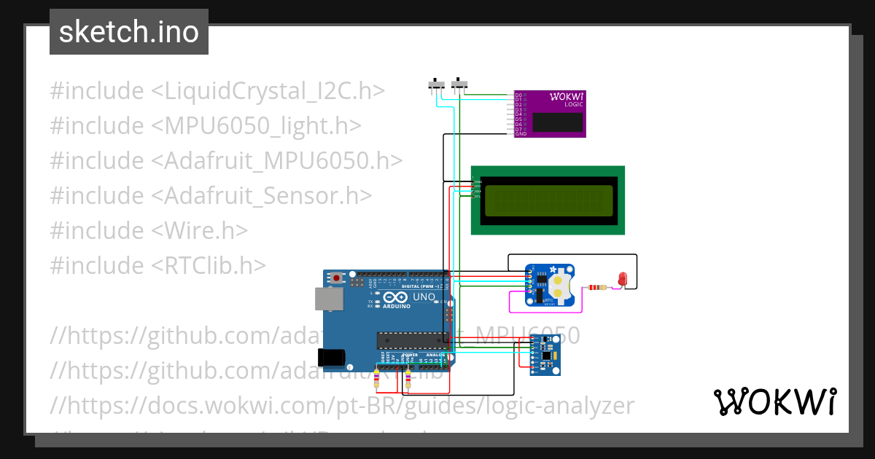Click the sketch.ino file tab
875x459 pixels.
click(x=129, y=32)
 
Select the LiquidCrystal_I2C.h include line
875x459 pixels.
click(x=217, y=91)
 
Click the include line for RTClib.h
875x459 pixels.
click(x=158, y=265)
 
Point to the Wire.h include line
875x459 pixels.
click(x=149, y=230)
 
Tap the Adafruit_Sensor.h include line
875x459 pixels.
click(x=211, y=195)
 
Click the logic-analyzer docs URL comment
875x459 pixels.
click(x=343, y=405)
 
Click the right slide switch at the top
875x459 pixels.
click(x=459, y=85)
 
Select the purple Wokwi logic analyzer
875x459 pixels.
click(x=550, y=114)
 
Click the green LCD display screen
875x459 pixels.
click(x=548, y=200)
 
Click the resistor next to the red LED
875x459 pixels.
click(x=596, y=287)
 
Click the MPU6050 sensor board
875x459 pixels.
click(x=544, y=355)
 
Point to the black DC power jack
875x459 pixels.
click(x=331, y=356)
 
